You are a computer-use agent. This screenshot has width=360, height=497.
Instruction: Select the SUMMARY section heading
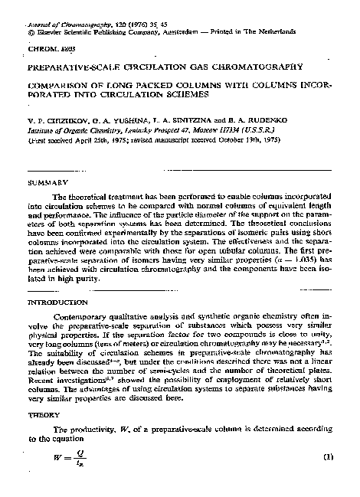pos(43,183)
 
